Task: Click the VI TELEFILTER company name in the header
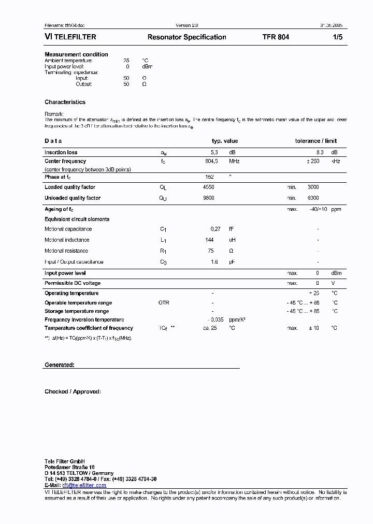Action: pos(70,37)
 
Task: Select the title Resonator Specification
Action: pos(187,37)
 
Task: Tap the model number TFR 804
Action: pos(276,37)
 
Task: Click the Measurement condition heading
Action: pos(76,54)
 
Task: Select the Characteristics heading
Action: pos(65,102)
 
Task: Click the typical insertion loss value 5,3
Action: pos(214,152)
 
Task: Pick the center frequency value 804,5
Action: pos(212,161)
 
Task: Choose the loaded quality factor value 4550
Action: pos(208,187)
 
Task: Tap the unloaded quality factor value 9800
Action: pos(208,198)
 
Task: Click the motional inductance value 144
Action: pos(210,240)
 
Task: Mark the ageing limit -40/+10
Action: pos(318,209)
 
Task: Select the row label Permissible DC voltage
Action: pos(73,283)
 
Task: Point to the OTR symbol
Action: pos(164,302)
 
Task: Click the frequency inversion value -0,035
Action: pos(215,319)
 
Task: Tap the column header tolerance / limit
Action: pos(315,141)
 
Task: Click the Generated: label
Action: pos(60,365)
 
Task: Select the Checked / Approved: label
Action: pos(73,391)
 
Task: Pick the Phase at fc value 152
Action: pos(210,177)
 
